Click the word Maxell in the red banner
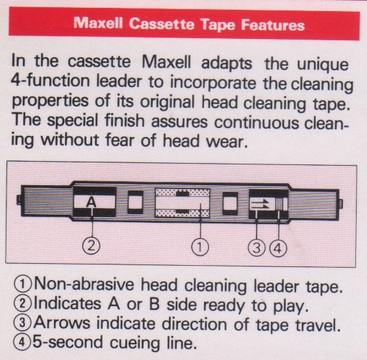click(98, 23)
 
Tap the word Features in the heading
click(273, 25)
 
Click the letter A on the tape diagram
click(92, 202)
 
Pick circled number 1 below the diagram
click(200, 247)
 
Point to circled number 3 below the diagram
click(257, 248)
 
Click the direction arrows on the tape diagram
click(260, 203)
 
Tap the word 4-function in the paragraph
click(50, 81)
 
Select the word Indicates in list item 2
click(68, 303)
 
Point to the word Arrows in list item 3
click(62, 322)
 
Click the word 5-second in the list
click(68, 342)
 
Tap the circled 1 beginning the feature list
click(23, 285)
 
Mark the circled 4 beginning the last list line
click(22, 342)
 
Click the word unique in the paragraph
click(323, 65)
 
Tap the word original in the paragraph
click(168, 103)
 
